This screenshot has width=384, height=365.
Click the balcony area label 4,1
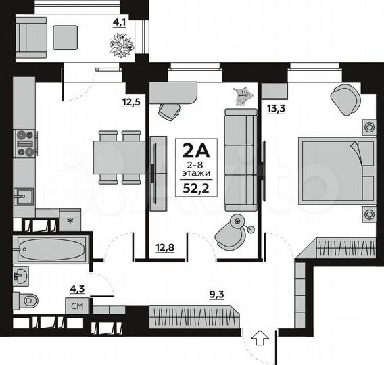pyautogui.click(x=119, y=21)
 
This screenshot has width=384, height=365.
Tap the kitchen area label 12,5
pyautogui.click(x=131, y=103)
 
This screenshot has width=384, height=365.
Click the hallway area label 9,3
pyautogui.click(x=218, y=294)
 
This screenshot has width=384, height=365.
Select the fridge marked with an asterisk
pyautogui.click(x=70, y=220)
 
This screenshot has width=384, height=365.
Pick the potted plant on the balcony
pyautogui.click(x=122, y=45)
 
